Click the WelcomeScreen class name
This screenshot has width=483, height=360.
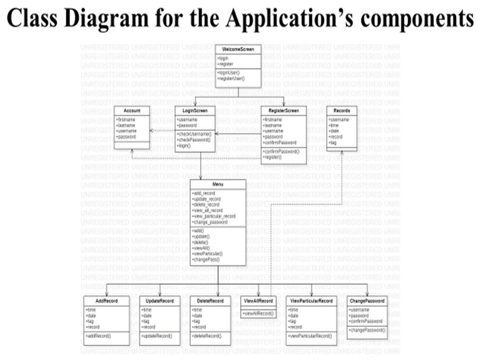pos(238,49)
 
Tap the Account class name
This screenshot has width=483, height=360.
pos(132,111)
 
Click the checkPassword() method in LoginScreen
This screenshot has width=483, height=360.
pos(194,140)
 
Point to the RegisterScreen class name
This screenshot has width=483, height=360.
pos(284,111)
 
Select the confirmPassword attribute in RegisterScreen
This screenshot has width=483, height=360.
pos(280,143)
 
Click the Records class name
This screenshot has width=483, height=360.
pos(342,111)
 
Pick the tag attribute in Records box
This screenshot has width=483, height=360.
pos(333,143)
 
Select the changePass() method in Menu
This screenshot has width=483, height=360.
pos(206,260)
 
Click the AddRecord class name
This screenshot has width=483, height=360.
pos(107,301)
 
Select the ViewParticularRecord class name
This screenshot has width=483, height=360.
pos(311,301)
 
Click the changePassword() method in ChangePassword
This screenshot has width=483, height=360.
pos(367,330)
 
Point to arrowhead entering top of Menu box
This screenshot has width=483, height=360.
pos(200,177)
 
